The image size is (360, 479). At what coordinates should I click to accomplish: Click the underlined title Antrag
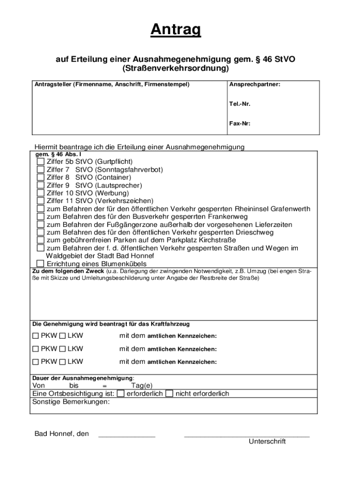[x=176, y=30]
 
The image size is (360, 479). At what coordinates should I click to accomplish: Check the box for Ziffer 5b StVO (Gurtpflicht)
[x=41, y=162]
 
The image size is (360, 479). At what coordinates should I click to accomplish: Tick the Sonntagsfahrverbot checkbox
[x=41, y=170]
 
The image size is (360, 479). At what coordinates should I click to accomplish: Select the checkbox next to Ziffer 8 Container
[x=41, y=177]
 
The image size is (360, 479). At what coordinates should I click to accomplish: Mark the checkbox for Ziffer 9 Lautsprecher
[x=41, y=185]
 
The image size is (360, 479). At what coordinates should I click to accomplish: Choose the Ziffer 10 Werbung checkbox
[x=41, y=193]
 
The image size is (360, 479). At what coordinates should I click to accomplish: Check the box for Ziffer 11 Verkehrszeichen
[x=41, y=201]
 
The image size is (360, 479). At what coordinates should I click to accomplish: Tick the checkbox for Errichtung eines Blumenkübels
[x=41, y=264]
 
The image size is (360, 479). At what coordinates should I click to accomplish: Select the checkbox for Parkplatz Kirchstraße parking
[x=41, y=240]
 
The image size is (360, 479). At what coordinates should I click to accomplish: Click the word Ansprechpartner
[x=254, y=85]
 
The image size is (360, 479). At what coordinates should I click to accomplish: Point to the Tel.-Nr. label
[x=239, y=104]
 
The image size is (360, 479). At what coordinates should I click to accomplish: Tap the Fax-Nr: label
[x=239, y=124]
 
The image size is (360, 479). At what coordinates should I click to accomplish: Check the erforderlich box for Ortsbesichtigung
[x=121, y=394]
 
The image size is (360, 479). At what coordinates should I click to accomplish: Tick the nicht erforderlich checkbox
[x=170, y=394]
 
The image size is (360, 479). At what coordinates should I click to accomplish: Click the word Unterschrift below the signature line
[x=267, y=442]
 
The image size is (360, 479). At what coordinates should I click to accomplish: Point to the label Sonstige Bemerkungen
[x=71, y=402]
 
